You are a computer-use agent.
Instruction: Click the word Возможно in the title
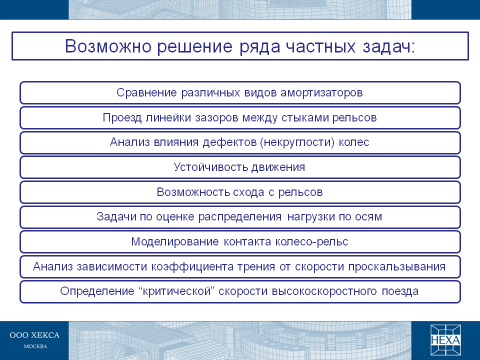pyautogui.click(x=108, y=46)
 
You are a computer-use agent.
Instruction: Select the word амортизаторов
pyautogui.click(x=321, y=92)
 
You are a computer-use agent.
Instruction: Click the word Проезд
pyautogui.click(x=122, y=118)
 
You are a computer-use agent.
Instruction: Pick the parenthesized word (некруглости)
pyautogui.click(x=297, y=142)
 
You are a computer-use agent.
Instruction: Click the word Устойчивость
pyautogui.click(x=211, y=167)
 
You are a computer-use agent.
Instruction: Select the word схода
pyautogui.click(x=248, y=192)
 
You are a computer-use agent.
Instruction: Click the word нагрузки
pyautogui.click(x=310, y=217)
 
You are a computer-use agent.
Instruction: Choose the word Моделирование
pyautogui.click(x=175, y=242)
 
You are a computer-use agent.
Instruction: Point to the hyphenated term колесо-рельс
pyautogui.click(x=311, y=242)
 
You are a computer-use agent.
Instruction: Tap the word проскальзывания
pyautogui.click(x=396, y=267)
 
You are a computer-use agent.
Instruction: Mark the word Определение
pyautogui.click(x=97, y=291)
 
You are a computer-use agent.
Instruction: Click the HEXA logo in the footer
pyautogui.click(x=445, y=340)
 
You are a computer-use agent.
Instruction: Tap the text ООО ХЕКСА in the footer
pyautogui.click(x=34, y=335)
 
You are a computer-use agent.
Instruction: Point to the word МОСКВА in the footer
pyautogui.click(x=35, y=346)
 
